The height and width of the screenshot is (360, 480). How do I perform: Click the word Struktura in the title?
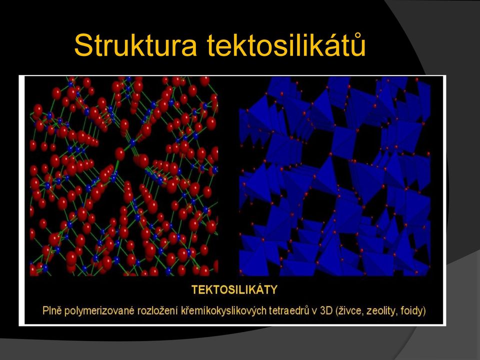[x=135, y=45]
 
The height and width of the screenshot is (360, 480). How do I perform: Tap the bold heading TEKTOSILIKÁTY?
[x=234, y=289]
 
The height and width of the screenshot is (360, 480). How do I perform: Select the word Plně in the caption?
[x=52, y=310]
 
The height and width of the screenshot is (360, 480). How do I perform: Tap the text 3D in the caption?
[x=326, y=311]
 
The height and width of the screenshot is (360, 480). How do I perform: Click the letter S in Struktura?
[x=83, y=45]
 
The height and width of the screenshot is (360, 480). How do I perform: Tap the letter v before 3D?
[x=314, y=312]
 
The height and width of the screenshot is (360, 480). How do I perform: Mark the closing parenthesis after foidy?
[x=424, y=311]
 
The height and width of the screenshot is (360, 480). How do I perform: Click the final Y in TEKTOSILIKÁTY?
[x=273, y=289]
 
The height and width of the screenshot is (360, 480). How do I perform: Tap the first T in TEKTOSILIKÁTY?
[x=195, y=289]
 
